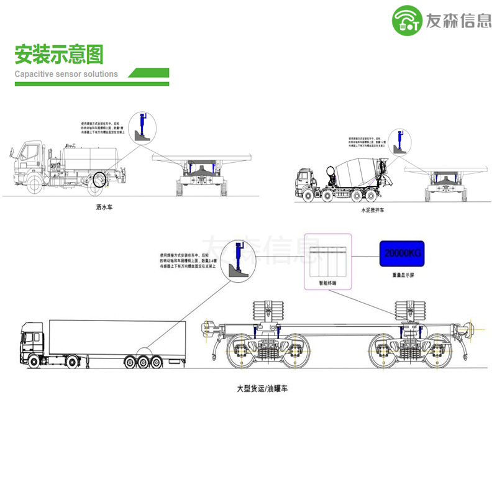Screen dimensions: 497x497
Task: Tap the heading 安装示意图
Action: click(x=59, y=55)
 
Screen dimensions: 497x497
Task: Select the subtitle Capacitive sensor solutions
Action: click(x=66, y=74)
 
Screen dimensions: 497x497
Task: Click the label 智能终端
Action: click(x=327, y=282)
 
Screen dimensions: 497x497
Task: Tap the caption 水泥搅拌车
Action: click(x=373, y=211)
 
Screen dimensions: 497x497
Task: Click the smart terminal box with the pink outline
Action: click(x=327, y=261)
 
